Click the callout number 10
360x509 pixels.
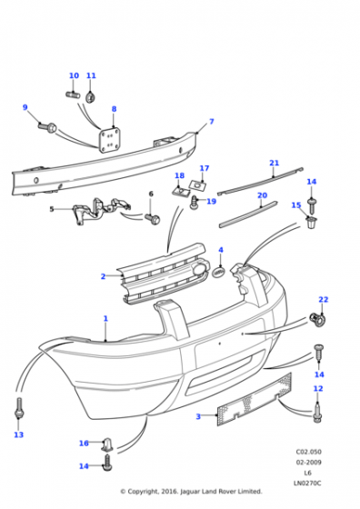(74, 75)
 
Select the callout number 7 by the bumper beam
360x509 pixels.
(212, 122)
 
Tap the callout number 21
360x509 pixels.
(275, 163)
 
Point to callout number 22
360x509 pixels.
(324, 299)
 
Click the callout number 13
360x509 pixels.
(19, 434)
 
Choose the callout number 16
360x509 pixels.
(84, 444)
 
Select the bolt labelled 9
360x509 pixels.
(47, 127)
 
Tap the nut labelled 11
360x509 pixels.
(90, 96)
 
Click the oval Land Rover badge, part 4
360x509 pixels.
(220, 273)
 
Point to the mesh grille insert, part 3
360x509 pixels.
(255, 400)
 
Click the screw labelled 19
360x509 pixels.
(194, 203)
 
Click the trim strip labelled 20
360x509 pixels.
(249, 215)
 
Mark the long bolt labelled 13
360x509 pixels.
(19, 409)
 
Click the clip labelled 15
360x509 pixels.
(312, 223)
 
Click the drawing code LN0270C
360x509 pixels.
(307, 484)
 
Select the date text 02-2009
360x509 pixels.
(308, 463)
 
